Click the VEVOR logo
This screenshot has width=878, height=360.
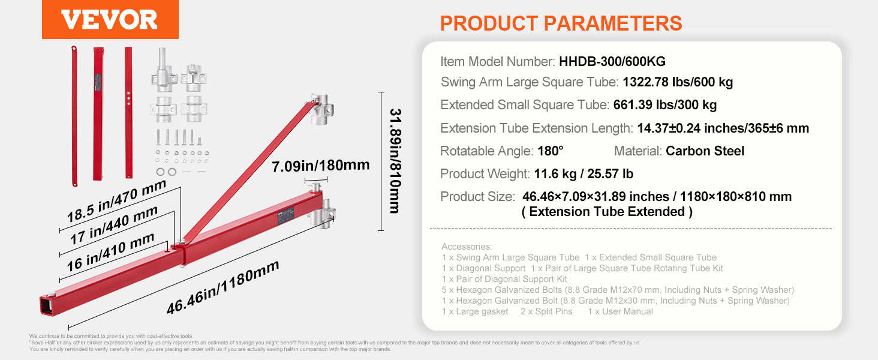tap(110, 20)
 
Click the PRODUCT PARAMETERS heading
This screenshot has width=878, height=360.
tap(561, 23)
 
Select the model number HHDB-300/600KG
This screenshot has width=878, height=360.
tap(612, 62)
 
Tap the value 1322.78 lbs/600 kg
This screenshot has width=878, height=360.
tap(678, 82)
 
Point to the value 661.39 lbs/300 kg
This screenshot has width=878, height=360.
tap(664, 105)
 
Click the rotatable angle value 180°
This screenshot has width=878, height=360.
tap(551, 151)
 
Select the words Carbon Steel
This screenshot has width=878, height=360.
tap(705, 151)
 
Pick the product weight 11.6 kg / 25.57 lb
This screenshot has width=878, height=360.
tap(584, 174)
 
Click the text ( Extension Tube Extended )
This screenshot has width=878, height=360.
tap(607, 212)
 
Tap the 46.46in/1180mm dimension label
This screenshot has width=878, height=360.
tap(222, 287)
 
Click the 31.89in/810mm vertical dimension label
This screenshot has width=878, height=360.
tap(395, 161)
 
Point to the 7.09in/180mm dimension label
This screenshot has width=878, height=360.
tap(321, 166)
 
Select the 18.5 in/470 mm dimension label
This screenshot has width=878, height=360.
tap(116, 201)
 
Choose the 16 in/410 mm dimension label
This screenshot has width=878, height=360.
tap(110, 253)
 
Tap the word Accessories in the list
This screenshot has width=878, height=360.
tap(467, 247)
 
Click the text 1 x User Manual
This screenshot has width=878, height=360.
tap(620, 311)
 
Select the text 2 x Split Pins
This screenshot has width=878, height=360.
tap(546, 311)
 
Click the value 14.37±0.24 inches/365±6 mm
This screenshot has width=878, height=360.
tap(723, 128)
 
